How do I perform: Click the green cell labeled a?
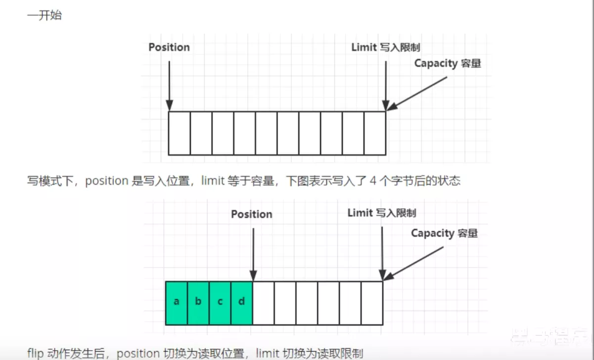click(x=177, y=303)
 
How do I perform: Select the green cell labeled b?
click(x=198, y=303)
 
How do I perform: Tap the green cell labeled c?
click(x=220, y=303)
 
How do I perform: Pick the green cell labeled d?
click(x=242, y=303)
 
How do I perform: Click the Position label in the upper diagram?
click(x=169, y=47)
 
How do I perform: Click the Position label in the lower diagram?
click(x=252, y=214)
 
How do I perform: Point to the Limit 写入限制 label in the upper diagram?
click(x=386, y=47)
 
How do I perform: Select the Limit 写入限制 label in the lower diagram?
click(x=382, y=213)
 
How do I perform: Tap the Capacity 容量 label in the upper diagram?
click(x=448, y=63)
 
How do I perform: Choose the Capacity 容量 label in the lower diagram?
click(x=445, y=233)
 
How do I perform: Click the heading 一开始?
click(x=45, y=15)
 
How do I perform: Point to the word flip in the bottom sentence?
click(x=36, y=353)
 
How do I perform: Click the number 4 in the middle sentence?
click(x=373, y=181)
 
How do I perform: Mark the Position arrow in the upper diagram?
click(x=169, y=84)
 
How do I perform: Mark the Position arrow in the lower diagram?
click(x=253, y=252)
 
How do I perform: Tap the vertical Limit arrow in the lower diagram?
click(x=382, y=252)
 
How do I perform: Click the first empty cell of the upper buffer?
click(x=180, y=133)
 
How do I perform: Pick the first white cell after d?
click(x=264, y=303)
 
